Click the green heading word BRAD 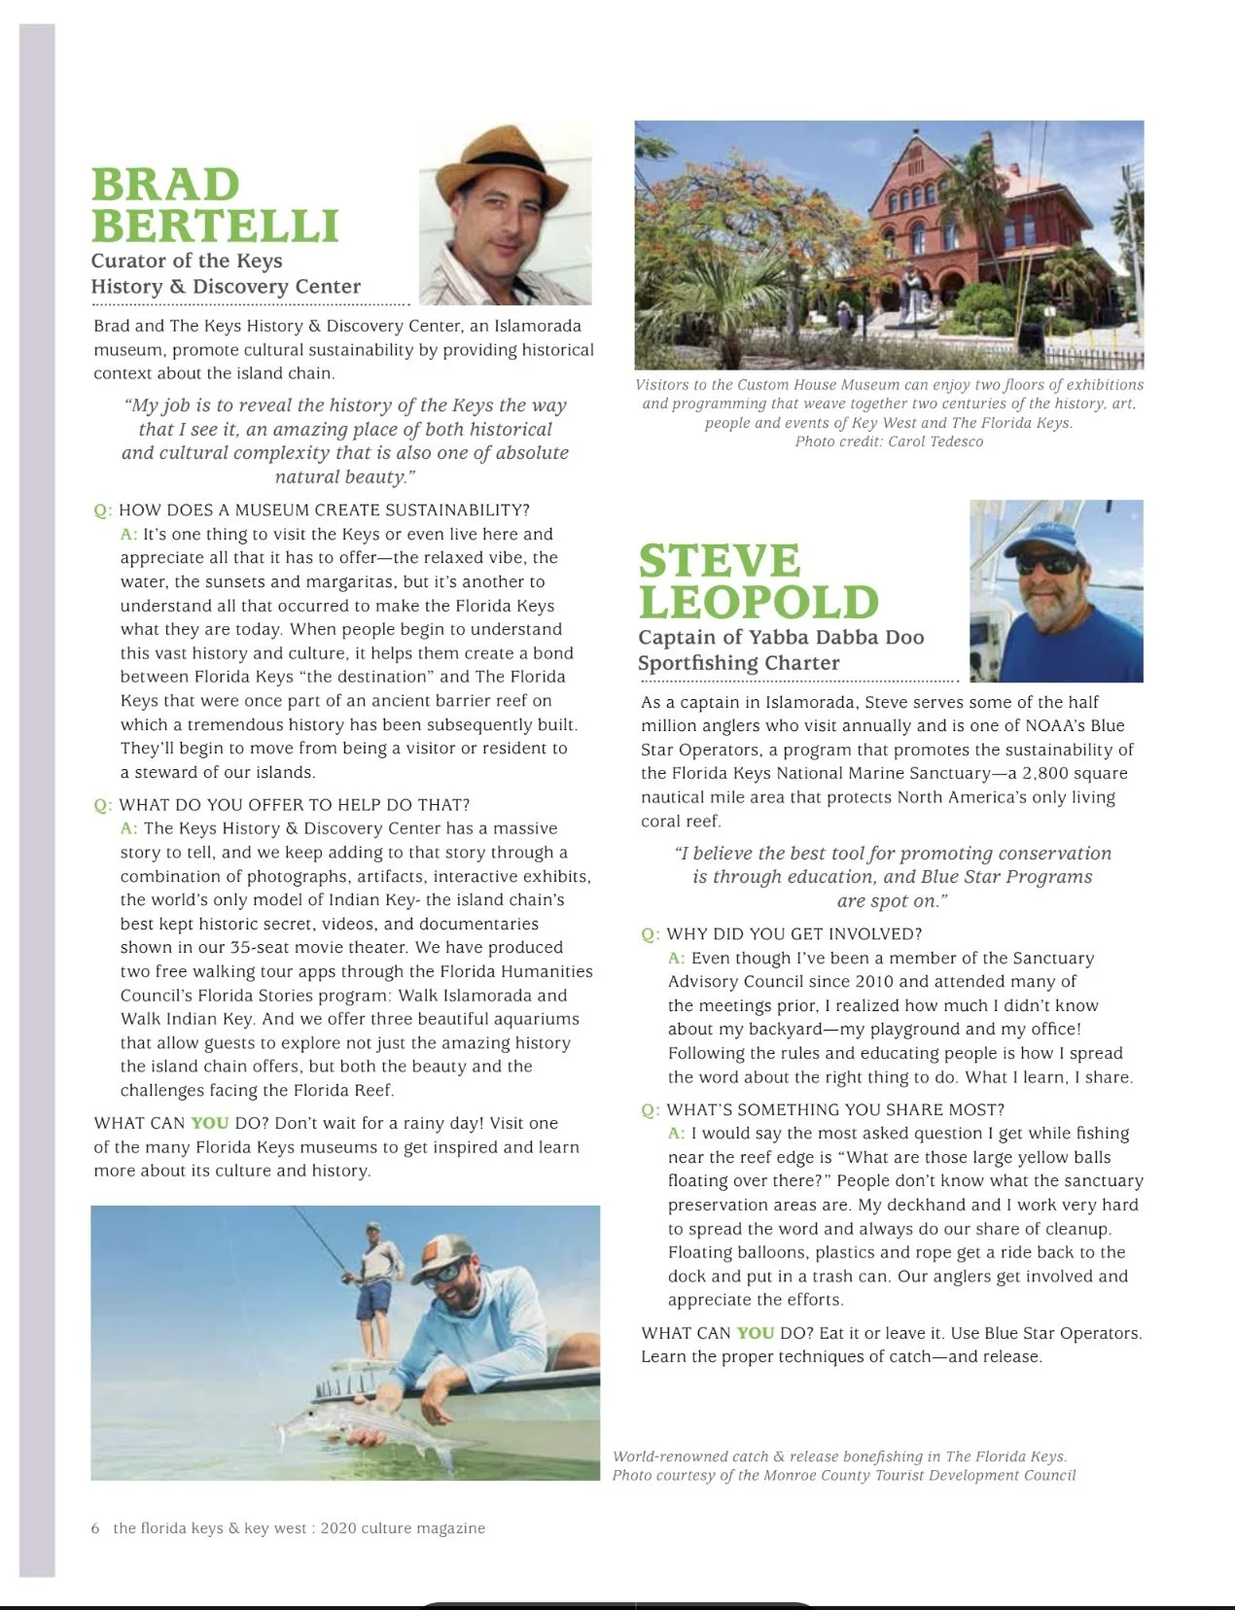[x=165, y=185]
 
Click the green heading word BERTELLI [x=215, y=227]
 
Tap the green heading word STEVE [x=720, y=561]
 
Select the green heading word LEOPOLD [x=759, y=603]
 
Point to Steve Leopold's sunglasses [x=1045, y=565]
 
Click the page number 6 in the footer [x=95, y=1528]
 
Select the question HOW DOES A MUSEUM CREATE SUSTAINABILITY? [x=324, y=510]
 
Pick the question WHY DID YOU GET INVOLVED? [x=794, y=934]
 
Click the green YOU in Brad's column [x=210, y=1123]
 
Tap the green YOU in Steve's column [x=756, y=1333]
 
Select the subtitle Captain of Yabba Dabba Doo [x=781, y=638]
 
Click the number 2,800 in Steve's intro [x=1048, y=774]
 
